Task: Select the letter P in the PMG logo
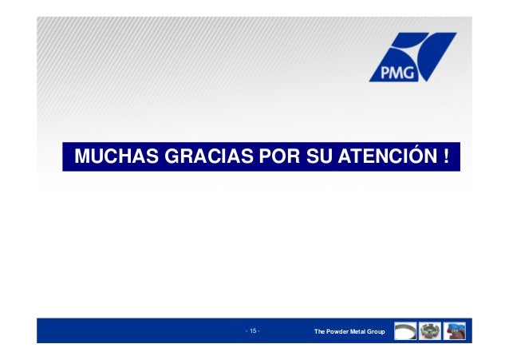coord(379,70)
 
